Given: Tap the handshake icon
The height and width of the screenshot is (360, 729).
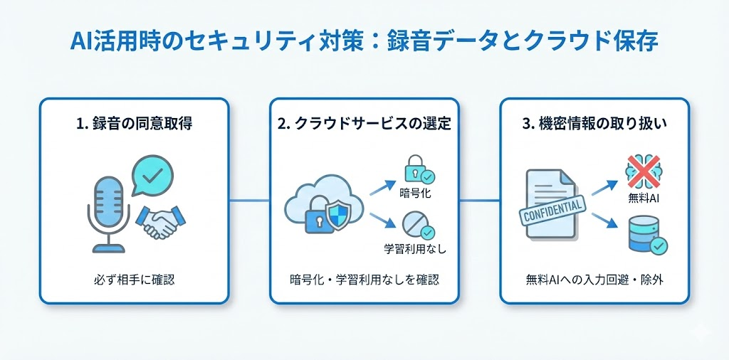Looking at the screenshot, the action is click(x=160, y=222).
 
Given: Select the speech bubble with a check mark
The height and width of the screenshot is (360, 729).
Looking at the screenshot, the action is click(x=152, y=176).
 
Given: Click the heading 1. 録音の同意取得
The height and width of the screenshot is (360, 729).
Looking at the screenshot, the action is click(x=133, y=124).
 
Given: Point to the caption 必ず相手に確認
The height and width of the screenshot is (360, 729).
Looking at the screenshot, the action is click(x=134, y=280).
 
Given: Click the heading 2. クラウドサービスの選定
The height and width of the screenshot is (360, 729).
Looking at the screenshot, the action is click(x=364, y=124).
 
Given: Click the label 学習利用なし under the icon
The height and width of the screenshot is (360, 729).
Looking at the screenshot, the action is click(x=415, y=248).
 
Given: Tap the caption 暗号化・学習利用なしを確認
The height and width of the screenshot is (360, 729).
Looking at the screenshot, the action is click(x=364, y=280).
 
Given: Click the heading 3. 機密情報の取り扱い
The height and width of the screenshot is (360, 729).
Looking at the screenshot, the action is click(x=594, y=124).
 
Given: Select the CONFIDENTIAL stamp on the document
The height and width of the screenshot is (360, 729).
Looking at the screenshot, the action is click(x=552, y=211).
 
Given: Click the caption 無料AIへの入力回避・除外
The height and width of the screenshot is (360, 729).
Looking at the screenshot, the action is click(x=594, y=280).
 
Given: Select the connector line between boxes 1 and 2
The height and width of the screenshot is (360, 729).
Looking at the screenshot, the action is click(x=249, y=201).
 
